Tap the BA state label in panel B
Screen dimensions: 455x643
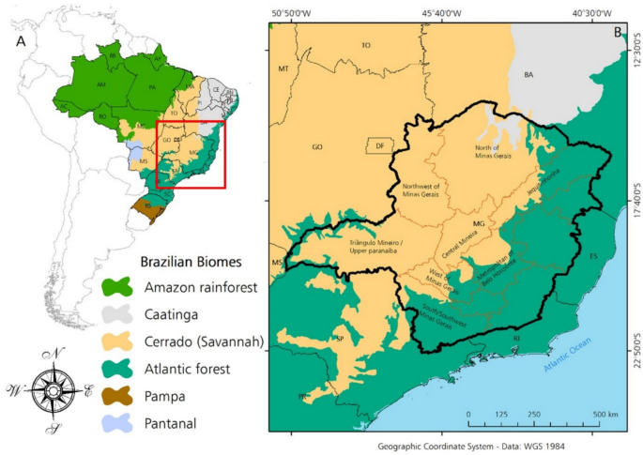[x=528, y=74]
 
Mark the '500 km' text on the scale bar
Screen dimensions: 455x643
[x=605, y=414]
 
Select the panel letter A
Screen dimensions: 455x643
[x=20, y=42]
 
